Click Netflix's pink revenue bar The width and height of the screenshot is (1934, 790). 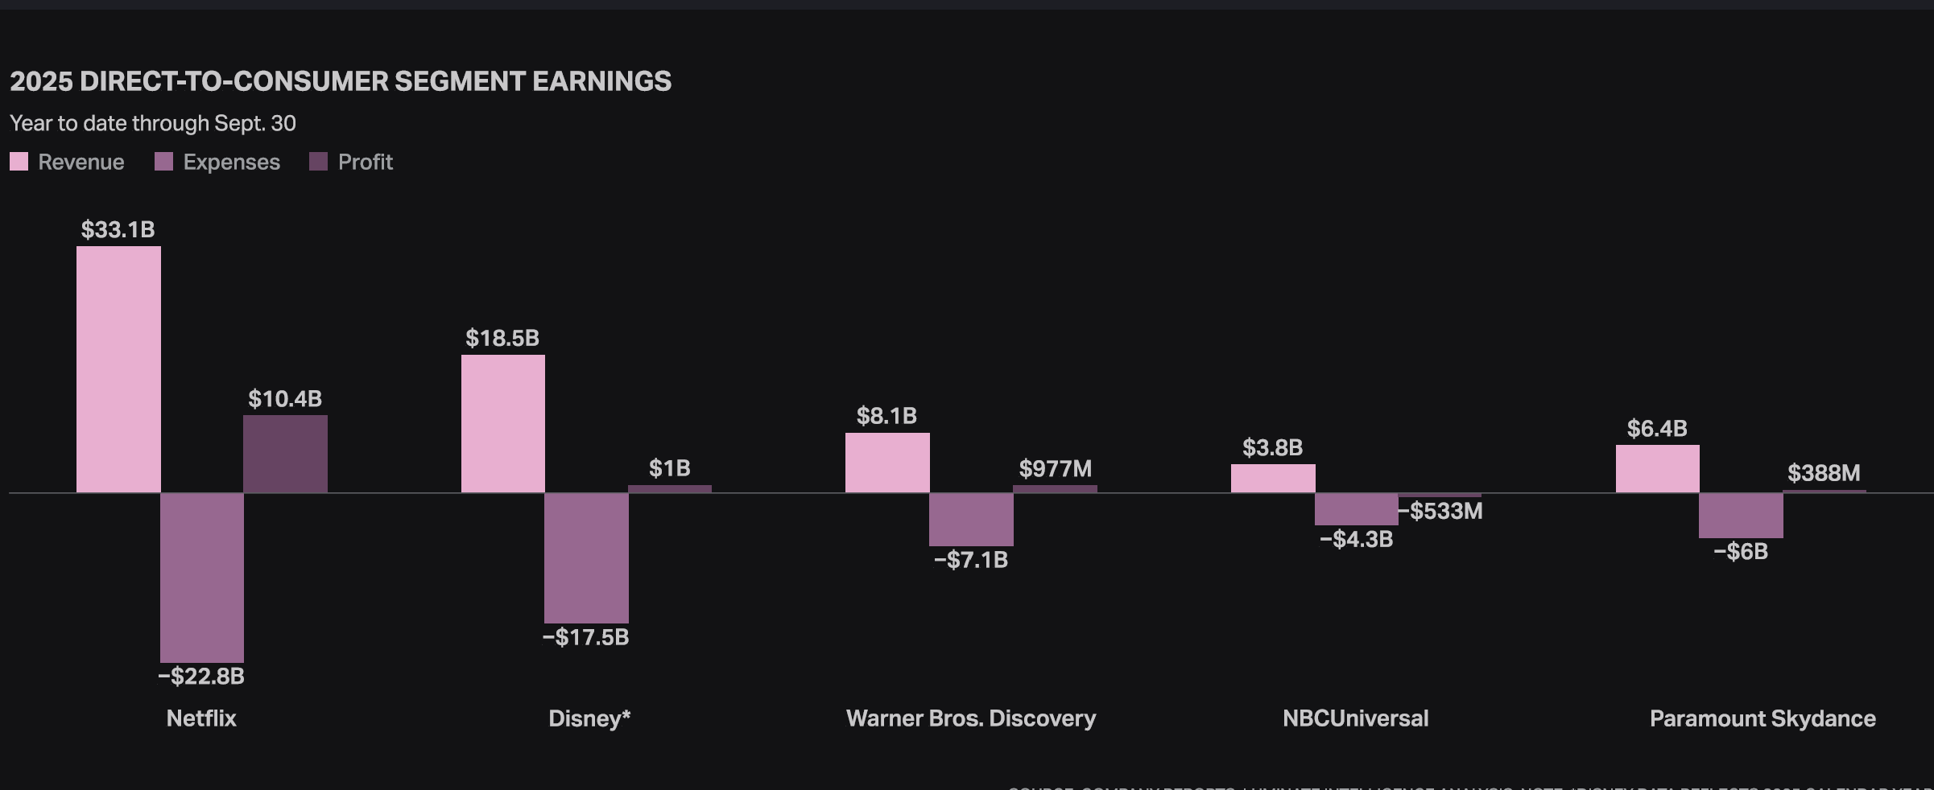(118, 369)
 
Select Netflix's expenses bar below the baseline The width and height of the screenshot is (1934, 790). (202, 577)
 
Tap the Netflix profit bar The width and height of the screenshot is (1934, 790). (285, 454)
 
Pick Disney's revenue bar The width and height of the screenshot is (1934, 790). (503, 423)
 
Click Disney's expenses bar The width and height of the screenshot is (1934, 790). (586, 558)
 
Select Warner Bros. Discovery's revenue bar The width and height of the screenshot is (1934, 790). (887, 463)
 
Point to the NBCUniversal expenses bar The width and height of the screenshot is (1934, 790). (1356, 508)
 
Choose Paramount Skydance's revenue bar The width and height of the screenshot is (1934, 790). (1657, 468)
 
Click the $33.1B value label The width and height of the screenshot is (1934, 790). (118, 229)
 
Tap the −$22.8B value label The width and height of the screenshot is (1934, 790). (201, 676)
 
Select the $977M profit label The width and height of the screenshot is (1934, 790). (1055, 468)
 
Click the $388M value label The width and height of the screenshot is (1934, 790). (1824, 472)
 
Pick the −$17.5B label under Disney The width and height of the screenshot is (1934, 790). (585, 637)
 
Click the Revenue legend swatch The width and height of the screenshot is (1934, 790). (19, 162)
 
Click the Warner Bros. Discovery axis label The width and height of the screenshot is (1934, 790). (971, 718)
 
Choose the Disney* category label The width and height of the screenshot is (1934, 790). (589, 718)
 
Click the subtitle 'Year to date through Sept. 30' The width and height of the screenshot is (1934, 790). (153, 123)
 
